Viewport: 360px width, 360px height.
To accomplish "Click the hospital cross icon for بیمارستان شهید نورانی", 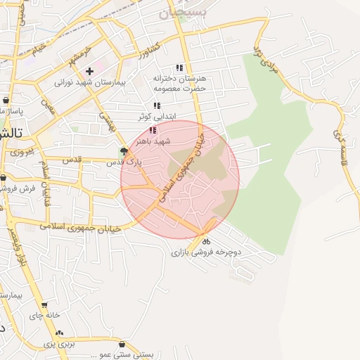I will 89,71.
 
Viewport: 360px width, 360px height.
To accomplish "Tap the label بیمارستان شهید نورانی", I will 89,82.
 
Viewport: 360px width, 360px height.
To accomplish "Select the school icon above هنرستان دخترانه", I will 179,67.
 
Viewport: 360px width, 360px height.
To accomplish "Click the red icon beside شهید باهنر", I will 153,130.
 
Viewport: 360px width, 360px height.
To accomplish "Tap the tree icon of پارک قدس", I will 124,150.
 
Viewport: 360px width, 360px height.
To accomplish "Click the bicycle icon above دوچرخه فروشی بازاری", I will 205,241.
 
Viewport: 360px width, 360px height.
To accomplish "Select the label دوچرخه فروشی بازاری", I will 206,251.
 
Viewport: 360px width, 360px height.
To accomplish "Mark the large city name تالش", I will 12,133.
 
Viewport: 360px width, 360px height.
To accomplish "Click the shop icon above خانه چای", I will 44,305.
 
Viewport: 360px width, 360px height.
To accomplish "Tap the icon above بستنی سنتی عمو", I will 123,345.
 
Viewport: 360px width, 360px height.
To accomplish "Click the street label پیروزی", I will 20,151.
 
